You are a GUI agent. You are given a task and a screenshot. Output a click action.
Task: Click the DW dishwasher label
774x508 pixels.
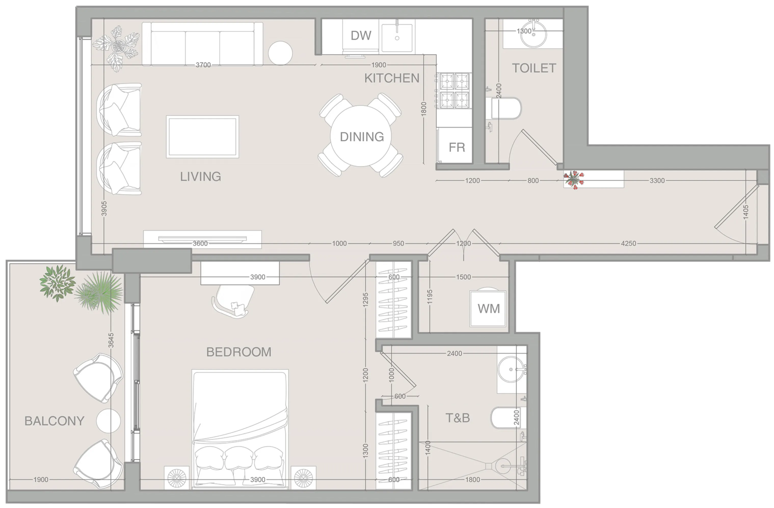(361, 35)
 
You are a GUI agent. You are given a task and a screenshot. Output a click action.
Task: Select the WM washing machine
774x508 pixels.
(488, 308)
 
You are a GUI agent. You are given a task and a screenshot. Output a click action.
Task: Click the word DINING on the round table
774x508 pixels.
(362, 137)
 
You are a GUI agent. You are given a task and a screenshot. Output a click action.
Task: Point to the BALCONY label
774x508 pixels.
(54, 421)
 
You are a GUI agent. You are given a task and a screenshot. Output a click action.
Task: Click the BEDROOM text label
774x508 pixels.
(239, 352)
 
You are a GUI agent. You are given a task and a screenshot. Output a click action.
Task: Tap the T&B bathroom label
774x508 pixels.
(457, 418)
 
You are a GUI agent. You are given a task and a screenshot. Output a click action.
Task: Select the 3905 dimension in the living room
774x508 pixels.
(104, 208)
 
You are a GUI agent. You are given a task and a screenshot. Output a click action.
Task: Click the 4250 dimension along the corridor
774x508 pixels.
(628, 243)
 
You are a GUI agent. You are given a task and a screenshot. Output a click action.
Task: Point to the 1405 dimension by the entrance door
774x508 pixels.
(746, 211)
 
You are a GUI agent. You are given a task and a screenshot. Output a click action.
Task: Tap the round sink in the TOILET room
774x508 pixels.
(533, 34)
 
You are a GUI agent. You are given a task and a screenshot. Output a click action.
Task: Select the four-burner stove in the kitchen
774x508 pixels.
(454, 91)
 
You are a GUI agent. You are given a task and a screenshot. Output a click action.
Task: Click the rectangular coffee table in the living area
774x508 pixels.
(202, 137)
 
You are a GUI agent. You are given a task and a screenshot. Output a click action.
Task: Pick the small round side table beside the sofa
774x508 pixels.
(280, 53)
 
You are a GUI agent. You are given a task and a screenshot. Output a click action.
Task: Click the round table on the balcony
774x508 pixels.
(108, 421)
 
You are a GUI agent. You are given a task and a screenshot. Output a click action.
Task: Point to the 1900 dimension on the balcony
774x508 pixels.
(41, 479)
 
